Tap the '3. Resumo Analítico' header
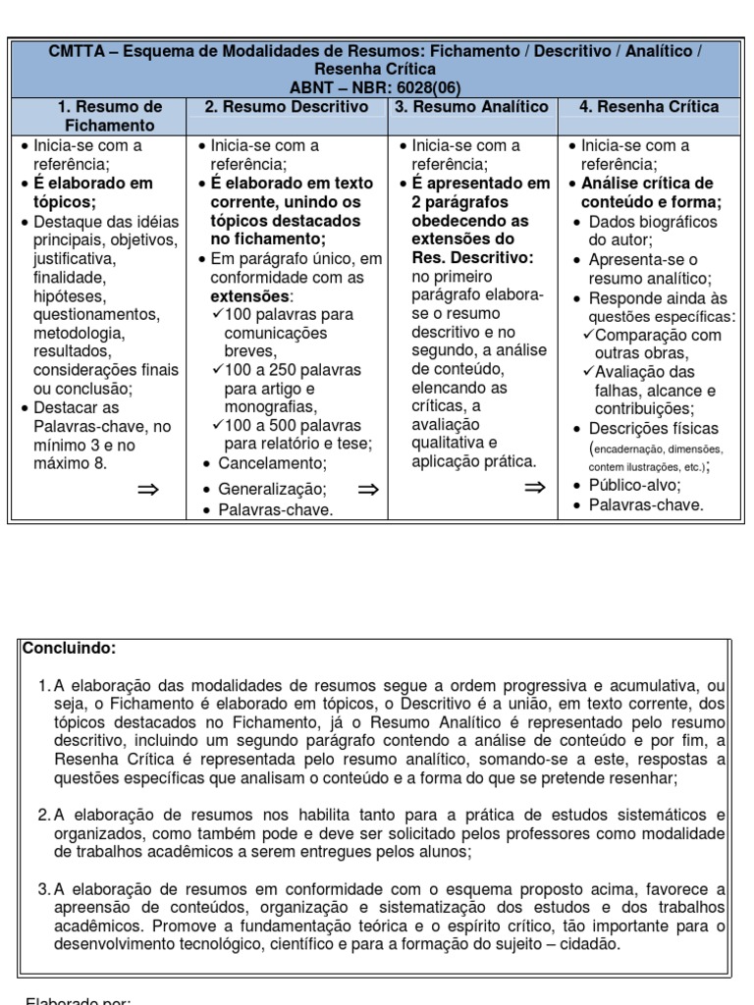(x=471, y=107)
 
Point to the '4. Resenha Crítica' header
(x=649, y=107)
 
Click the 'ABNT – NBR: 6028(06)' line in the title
(x=376, y=87)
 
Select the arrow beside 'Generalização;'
(x=368, y=488)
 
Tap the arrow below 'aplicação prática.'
(x=535, y=488)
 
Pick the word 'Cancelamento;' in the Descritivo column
(x=271, y=463)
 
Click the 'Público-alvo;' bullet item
(x=634, y=485)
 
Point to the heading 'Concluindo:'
(x=70, y=649)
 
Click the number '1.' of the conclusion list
(x=43, y=685)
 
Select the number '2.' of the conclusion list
(x=43, y=815)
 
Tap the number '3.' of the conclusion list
(x=43, y=889)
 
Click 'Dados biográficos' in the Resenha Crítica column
(x=653, y=222)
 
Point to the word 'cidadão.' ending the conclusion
(x=590, y=945)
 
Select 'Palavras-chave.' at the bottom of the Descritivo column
(x=276, y=510)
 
